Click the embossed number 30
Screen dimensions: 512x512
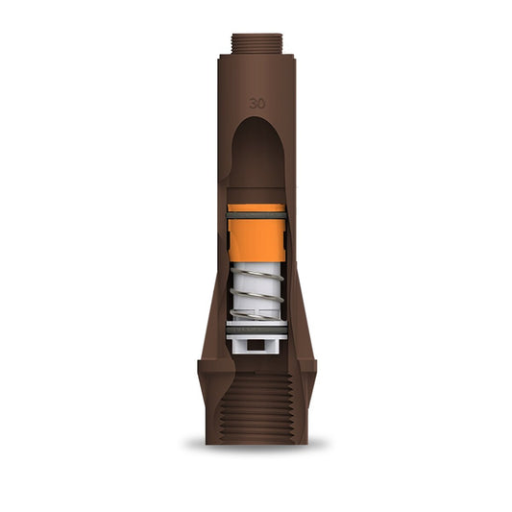pyautogui.click(x=257, y=103)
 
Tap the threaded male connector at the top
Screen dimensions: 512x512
pyautogui.click(x=257, y=44)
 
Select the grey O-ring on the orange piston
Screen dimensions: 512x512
pyautogui.click(x=256, y=216)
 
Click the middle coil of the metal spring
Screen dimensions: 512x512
pyautogui.click(x=256, y=295)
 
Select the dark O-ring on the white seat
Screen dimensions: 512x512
pyautogui.click(x=257, y=330)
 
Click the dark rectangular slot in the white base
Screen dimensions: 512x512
pyautogui.click(x=256, y=345)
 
